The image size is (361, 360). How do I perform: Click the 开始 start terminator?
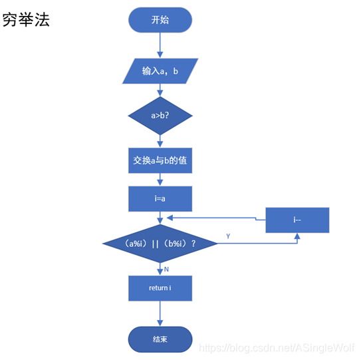(160, 20)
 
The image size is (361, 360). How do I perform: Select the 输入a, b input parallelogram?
(160, 71)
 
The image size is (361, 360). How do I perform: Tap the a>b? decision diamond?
(160, 115)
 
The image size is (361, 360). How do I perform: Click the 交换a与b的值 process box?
(160, 160)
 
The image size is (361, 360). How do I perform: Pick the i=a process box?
(160, 198)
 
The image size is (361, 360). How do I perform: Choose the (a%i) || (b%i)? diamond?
(160, 244)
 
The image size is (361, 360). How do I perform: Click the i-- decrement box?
(297, 220)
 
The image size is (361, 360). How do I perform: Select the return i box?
(160, 288)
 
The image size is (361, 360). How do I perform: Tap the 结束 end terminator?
(160, 339)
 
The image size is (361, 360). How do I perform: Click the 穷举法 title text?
(26, 20)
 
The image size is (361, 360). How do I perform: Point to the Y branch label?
(228, 236)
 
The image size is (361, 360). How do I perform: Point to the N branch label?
(166, 269)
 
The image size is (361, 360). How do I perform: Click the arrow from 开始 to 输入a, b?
(160, 45)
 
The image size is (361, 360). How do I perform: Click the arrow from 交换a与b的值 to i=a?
(160, 180)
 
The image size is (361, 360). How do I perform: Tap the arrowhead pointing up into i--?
(297, 236)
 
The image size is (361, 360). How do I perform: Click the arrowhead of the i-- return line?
(170, 217)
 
